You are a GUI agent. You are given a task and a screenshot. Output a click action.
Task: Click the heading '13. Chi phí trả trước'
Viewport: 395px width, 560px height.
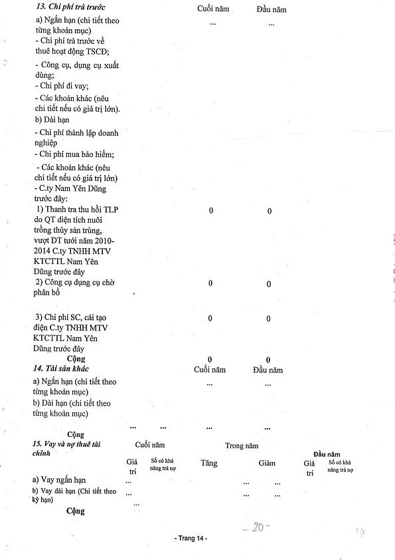(70, 7)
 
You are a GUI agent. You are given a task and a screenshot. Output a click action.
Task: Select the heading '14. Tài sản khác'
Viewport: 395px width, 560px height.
(60, 368)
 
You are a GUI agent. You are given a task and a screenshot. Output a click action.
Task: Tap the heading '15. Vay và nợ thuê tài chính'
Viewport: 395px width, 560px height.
(66, 448)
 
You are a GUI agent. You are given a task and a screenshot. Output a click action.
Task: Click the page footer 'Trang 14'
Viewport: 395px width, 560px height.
(191, 538)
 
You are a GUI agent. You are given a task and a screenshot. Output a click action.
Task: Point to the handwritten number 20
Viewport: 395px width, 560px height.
(256, 527)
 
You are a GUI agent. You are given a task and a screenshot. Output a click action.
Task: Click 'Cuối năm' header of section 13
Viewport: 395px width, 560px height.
(213, 9)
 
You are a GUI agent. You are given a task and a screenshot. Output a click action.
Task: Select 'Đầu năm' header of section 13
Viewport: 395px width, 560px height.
(272, 9)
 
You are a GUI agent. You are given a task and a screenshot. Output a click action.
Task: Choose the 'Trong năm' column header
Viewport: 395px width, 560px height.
(242, 446)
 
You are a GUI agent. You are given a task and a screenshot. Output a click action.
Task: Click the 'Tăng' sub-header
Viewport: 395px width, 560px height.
(208, 463)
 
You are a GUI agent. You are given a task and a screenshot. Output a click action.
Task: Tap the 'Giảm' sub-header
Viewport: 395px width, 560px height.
(267, 463)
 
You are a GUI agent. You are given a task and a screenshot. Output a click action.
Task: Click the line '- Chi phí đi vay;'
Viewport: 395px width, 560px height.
(62, 86)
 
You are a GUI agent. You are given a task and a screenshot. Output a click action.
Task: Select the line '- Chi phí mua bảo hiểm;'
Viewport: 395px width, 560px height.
(74, 155)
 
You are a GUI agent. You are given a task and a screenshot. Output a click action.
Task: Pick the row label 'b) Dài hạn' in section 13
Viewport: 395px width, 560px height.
(52, 120)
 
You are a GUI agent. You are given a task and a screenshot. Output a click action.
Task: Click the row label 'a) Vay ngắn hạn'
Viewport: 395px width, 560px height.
(59, 480)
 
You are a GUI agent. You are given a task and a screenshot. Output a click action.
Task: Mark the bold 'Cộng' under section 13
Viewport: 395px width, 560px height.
(76, 358)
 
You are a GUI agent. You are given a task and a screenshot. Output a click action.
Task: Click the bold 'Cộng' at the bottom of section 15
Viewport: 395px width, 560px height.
(76, 511)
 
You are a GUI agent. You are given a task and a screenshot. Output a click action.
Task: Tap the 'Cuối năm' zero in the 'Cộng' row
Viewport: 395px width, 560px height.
(210, 360)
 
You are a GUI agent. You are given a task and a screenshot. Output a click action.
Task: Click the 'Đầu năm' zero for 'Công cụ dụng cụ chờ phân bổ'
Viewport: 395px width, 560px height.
(269, 284)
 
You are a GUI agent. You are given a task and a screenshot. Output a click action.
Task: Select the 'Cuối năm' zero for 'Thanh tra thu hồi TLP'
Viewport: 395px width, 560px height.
(211, 211)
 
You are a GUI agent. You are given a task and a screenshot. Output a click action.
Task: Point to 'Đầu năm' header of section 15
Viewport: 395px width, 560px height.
(327, 454)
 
